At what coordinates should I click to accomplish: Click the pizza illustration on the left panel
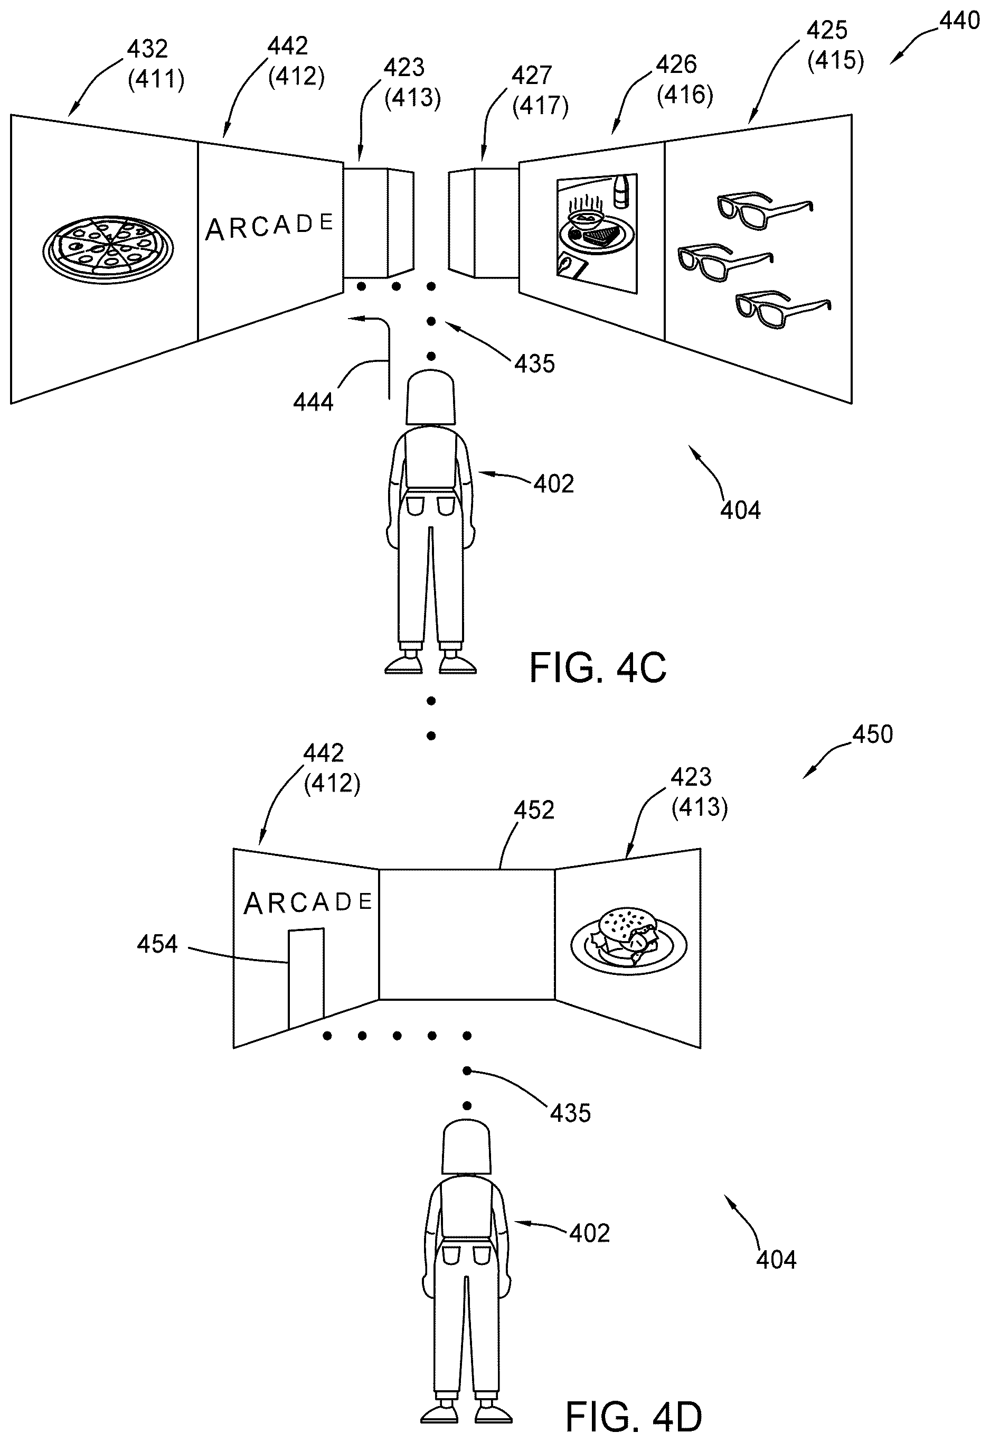click(x=108, y=249)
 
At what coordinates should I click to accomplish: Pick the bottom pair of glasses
click(x=783, y=308)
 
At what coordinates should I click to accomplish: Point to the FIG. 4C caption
click(x=597, y=668)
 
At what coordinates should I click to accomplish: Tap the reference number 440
click(x=959, y=21)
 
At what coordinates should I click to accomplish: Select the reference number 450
click(x=872, y=734)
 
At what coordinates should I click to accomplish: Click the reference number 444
click(x=313, y=402)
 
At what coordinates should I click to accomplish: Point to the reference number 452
click(x=534, y=810)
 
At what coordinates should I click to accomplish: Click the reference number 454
click(x=157, y=944)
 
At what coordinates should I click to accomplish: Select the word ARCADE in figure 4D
click(x=308, y=903)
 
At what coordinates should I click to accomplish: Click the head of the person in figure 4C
click(x=430, y=397)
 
